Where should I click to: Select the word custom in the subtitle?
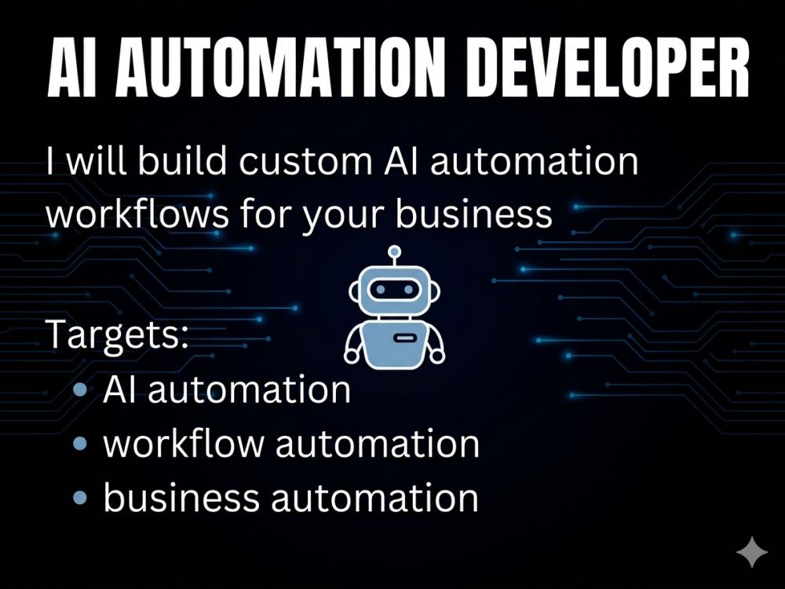(305, 161)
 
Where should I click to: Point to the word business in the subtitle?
(473, 214)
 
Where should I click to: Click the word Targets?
(117, 335)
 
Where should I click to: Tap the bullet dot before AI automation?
(80, 390)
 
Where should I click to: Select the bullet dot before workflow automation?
(80, 443)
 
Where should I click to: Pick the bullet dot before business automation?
(80, 497)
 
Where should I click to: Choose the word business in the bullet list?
(181, 497)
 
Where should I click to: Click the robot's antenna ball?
(395, 251)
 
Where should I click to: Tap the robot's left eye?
(381, 290)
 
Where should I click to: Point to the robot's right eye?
(408, 290)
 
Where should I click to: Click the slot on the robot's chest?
(405, 338)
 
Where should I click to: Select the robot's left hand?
(352, 356)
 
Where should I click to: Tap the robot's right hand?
(437, 356)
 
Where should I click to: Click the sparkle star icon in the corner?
(751, 552)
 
